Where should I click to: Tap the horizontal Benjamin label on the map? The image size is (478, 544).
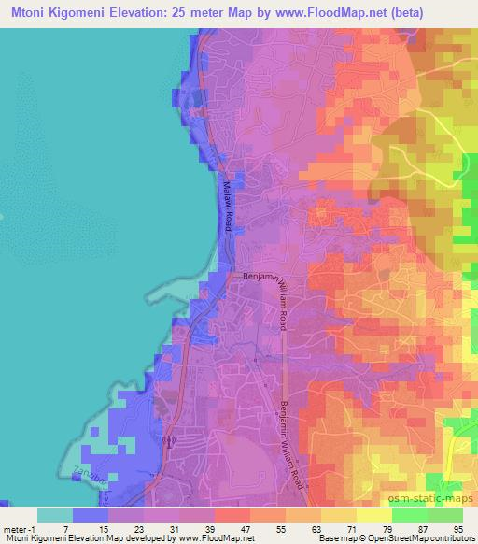(x=260, y=277)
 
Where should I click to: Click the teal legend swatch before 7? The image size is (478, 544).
(x=55, y=516)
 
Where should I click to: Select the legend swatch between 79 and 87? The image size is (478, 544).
(x=410, y=516)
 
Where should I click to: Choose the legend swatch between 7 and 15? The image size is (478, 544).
(x=91, y=516)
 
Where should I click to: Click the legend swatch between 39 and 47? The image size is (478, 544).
(x=232, y=516)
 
